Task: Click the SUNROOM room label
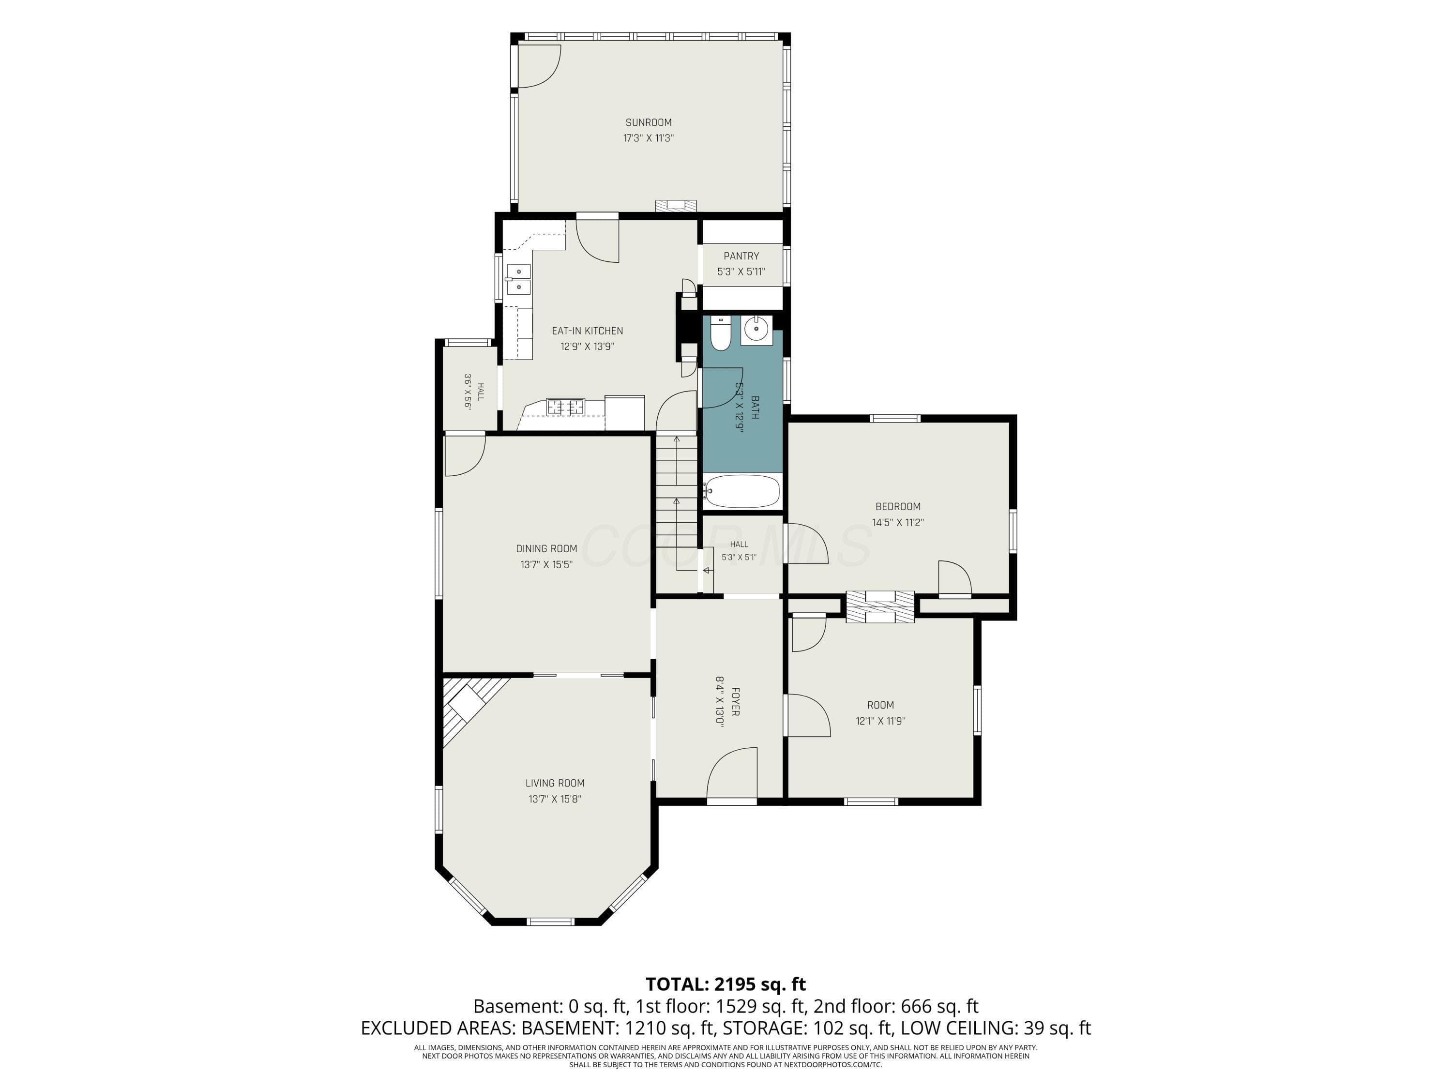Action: click(648, 122)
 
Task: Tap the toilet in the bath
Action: click(720, 333)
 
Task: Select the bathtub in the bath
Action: click(742, 491)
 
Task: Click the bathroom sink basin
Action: click(757, 330)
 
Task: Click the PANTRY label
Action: click(741, 256)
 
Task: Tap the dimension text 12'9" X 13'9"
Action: click(587, 347)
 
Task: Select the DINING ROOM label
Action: click(546, 549)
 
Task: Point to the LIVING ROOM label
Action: click(555, 783)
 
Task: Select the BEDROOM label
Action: click(897, 507)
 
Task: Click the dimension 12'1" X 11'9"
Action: click(880, 721)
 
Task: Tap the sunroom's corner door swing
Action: click(539, 66)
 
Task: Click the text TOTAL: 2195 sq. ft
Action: click(726, 984)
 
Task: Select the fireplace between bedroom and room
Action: click(879, 606)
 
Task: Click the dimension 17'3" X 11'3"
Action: click(648, 138)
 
